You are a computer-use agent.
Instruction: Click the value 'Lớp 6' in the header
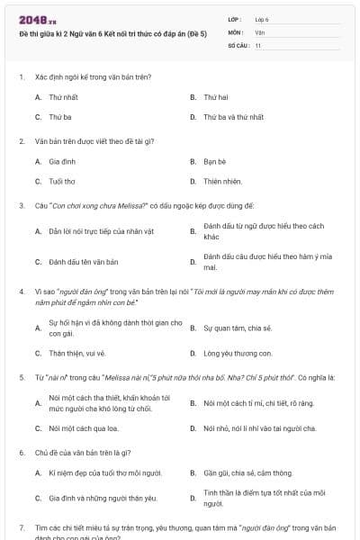tap(262, 19)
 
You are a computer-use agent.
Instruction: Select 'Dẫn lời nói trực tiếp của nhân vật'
tap(95, 231)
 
